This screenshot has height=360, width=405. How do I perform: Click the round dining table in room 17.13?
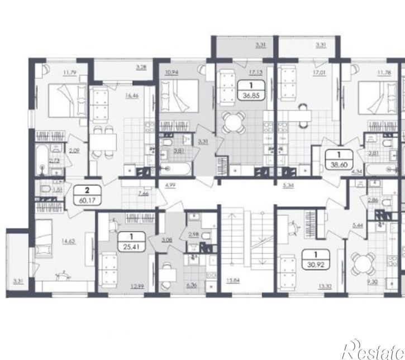(x=234, y=121)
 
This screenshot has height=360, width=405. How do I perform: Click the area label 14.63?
(x=68, y=241)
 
